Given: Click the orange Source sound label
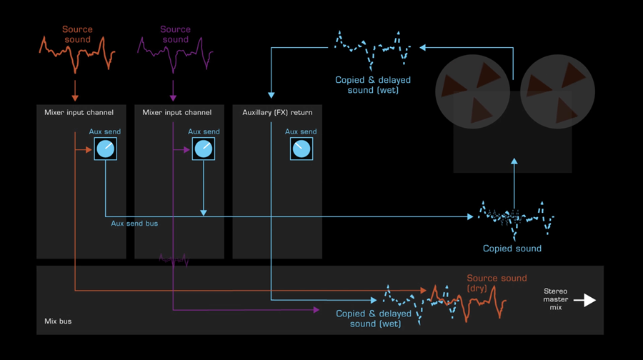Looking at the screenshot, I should [x=77, y=34].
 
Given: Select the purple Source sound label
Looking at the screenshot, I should [x=175, y=34].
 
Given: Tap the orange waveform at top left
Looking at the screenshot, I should [x=77, y=56].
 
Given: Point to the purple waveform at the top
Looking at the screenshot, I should [x=175, y=56].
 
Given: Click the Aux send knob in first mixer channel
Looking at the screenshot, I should [x=105, y=149].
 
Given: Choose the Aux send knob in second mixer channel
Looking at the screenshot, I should [x=204, y=149].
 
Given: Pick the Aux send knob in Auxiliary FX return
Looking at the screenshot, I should [x=301, y=149].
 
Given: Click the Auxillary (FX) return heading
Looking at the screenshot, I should [x=278, y=112].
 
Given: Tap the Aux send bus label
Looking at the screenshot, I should [x=134, y=224].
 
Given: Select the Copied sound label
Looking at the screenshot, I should [x=512, y=249].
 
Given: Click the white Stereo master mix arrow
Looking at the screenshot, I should [x=585, y=300].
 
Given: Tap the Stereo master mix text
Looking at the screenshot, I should [x=555, y=299].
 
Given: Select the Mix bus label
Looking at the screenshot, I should [x=57, y=321].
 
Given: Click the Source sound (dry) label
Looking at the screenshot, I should [x=497, y=283].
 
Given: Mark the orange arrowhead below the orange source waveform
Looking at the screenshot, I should [x=75, y=97].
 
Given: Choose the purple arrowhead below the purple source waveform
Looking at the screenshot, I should [x=173, y=97].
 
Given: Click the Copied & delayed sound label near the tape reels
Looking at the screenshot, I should [x=373, y=85].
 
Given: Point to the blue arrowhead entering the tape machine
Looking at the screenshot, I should [x=514, y=163].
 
